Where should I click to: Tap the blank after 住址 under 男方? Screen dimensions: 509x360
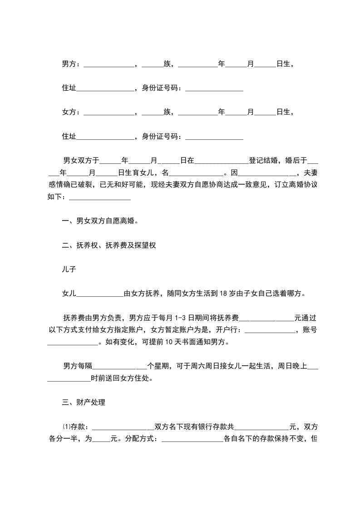[105, 88]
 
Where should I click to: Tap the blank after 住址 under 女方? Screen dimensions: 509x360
[105, 136]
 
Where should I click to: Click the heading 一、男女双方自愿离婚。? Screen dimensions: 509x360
[99, 221]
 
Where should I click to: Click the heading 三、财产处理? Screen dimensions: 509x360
[84, 402]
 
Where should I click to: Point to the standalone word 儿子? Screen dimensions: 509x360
[69, 269]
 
